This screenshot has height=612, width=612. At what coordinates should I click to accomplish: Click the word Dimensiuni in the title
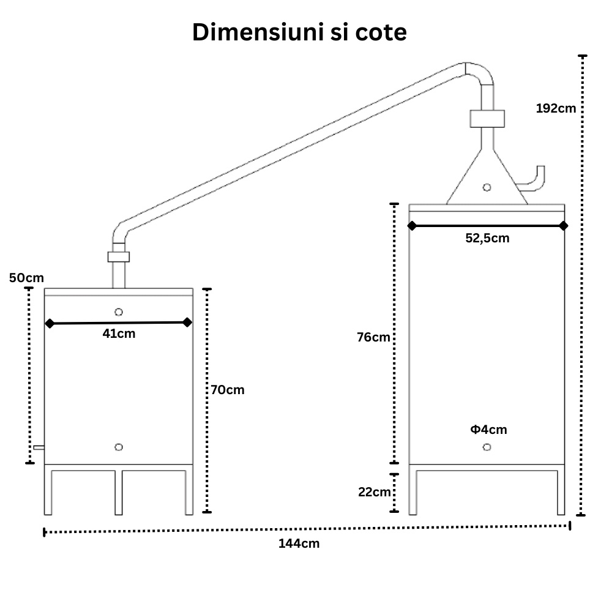tap(258, 32)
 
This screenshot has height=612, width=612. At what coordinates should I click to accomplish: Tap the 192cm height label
tap(556, 108)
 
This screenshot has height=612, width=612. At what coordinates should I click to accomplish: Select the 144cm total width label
tap(299, 543)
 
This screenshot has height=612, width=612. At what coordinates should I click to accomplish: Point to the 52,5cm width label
tap(488, 238)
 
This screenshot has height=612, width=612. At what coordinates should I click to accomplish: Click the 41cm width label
tap(119, 334)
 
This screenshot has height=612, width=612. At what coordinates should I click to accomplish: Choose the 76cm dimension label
tap(373, 337)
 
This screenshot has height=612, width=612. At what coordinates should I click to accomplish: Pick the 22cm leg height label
tap(375, 492)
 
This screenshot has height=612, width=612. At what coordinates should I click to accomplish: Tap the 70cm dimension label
tap(228, 390)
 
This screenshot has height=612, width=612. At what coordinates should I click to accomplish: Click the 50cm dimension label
tap(26, 278)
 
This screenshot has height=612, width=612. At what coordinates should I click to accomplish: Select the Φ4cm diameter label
tap(488, 430)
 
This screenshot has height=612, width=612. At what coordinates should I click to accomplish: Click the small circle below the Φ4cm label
tap(487, 447)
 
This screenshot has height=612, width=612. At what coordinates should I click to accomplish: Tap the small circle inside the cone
tap(487, 187)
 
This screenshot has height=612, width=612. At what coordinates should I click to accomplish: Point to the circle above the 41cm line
tap(119, 312)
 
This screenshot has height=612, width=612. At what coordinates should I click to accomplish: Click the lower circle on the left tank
tap(119, 447)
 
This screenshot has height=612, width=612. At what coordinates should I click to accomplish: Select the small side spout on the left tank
tap(39, 447)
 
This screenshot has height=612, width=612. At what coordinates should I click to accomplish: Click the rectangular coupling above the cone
tap(487, 119)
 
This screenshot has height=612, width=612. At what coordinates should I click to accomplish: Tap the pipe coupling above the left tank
tap(119, 257)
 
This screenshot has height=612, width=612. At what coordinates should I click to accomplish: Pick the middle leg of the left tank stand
tap(119, 493)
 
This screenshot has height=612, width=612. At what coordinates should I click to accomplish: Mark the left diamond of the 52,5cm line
tap(412, 226)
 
